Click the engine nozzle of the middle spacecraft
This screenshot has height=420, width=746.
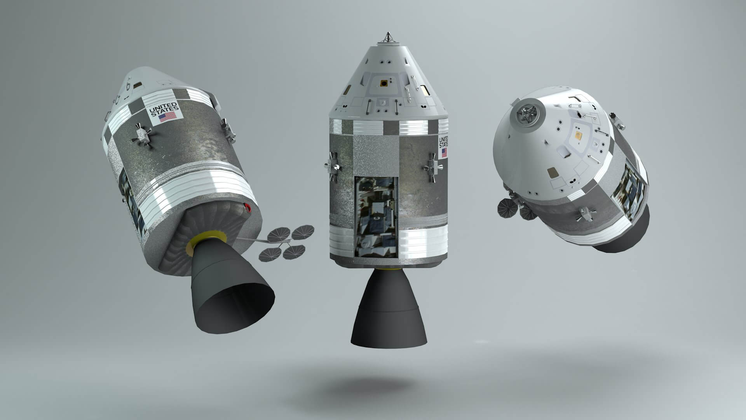click(x=389, y=311)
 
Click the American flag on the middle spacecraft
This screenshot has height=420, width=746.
click(x=444, y=152)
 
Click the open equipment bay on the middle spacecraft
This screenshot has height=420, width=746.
click(x=376, y=222)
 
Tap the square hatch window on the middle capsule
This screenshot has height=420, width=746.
click(x=384, y=82)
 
